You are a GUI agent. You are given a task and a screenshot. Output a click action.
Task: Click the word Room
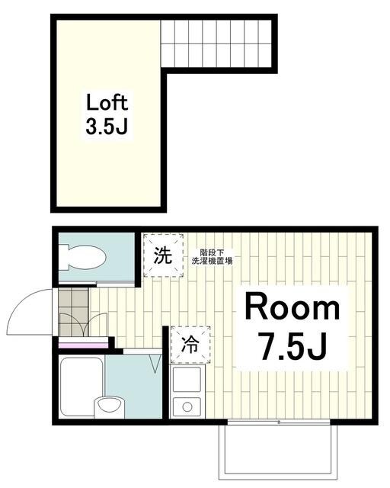(x=292, y=308)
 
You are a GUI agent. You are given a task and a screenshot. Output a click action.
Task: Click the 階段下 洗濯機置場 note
(x=216, y=257)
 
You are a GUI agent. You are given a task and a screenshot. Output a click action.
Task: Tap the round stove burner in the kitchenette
(x=185, y=405)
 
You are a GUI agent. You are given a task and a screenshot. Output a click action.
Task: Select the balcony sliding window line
(x=279, y=422)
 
